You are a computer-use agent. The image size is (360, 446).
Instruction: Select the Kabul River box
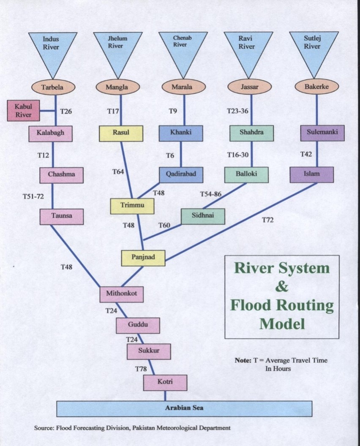point(24,111)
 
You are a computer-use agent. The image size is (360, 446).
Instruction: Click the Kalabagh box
point(51,133)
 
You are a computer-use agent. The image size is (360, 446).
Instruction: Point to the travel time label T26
point(66,112)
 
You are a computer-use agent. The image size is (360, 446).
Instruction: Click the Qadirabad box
point(181,174)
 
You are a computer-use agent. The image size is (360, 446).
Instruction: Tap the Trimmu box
point(132,206)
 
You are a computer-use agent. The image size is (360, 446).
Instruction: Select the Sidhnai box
point(203,216)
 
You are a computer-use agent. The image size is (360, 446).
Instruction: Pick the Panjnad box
point(143,258)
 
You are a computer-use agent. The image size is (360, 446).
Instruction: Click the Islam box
point(312,174)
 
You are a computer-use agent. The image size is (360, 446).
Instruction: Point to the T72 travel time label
point(268,220)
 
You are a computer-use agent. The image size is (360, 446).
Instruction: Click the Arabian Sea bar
point(184,408)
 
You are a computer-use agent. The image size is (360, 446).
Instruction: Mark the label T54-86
point(211,194)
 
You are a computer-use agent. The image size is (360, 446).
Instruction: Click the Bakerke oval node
point(316,87)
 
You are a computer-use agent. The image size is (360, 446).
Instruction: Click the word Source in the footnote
point(44,428)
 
